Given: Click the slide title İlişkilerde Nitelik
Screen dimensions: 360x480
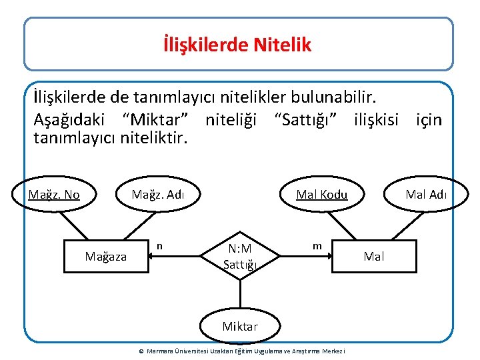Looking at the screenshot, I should tap(237, 45).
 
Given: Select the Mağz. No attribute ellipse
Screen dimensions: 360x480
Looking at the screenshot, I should tap(54, 195).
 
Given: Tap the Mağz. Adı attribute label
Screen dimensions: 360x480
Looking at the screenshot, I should tap(157, 195).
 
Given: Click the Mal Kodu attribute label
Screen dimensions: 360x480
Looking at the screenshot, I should tap(322, 195).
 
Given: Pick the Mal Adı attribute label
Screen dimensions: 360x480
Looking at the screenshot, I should tap(426, 195).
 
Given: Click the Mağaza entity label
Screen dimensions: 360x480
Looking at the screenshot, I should tap(105, 256).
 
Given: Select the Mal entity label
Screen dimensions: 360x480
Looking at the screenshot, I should tap(374, 256).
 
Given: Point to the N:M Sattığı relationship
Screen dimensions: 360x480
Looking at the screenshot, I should tap(239, 257).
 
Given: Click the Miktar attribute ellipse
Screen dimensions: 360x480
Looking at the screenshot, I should tap(239, 327).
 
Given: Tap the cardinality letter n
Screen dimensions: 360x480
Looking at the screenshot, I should tap(159, 246).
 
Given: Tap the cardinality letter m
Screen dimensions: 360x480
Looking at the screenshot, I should tap(317, 246).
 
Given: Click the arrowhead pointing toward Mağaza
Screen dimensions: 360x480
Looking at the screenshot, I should tap(151, 256).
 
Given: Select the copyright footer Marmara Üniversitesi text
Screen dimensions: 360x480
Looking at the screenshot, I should tap(241, 351).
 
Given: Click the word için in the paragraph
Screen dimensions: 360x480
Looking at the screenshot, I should tap(429, 119).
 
